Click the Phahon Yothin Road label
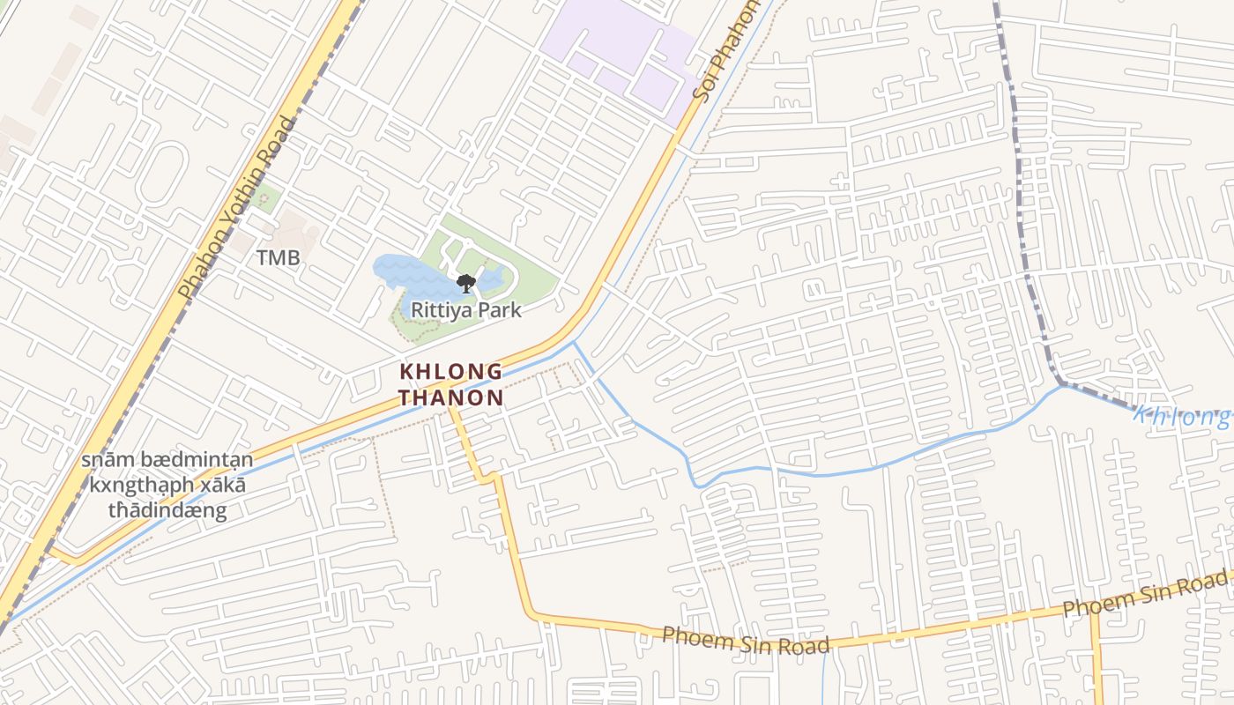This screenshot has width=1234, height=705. coord(237,208)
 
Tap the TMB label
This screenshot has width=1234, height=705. coord(278,258)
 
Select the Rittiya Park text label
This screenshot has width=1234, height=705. coord(466,310)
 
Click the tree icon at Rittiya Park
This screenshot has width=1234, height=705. coord(465,283)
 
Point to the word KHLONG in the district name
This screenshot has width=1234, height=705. coord(451,372)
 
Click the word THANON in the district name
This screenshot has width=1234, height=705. coord(450,397)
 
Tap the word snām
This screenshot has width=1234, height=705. coord(105,461)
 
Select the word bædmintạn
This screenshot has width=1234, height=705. coord(192,461)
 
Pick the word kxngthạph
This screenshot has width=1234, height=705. coord(131,486)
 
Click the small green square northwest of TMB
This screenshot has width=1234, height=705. coord(264,197)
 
